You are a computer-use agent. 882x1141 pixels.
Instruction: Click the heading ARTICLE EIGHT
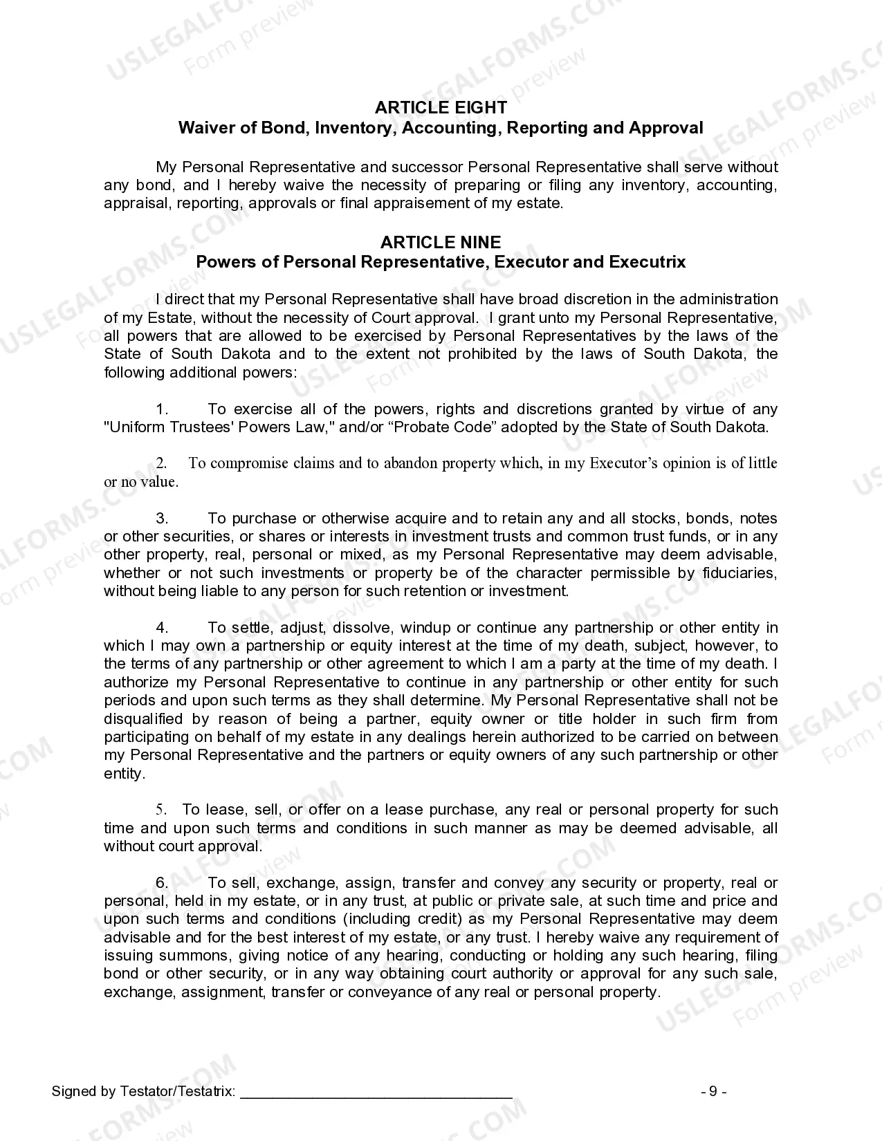coord(441,107)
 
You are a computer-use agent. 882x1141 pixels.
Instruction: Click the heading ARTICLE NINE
coord(441,242)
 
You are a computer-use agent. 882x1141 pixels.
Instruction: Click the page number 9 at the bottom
coord(713,1092)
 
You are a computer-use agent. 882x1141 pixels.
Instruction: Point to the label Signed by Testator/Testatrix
coord(143,1092)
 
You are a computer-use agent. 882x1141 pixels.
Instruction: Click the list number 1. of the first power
coord(162,409)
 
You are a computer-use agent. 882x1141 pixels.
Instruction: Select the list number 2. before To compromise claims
coord(161,463)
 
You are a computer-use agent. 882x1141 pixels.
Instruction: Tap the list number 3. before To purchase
coord(162,519)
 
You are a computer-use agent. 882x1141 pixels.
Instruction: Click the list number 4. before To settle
coord(162,628)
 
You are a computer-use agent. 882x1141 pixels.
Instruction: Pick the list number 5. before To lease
coord(161,810)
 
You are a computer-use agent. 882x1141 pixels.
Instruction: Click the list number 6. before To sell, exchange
coord(162,883)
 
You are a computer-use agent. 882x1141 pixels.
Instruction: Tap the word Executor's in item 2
coord(623,463)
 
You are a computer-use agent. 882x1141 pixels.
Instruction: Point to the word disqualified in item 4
coord(143,719)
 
